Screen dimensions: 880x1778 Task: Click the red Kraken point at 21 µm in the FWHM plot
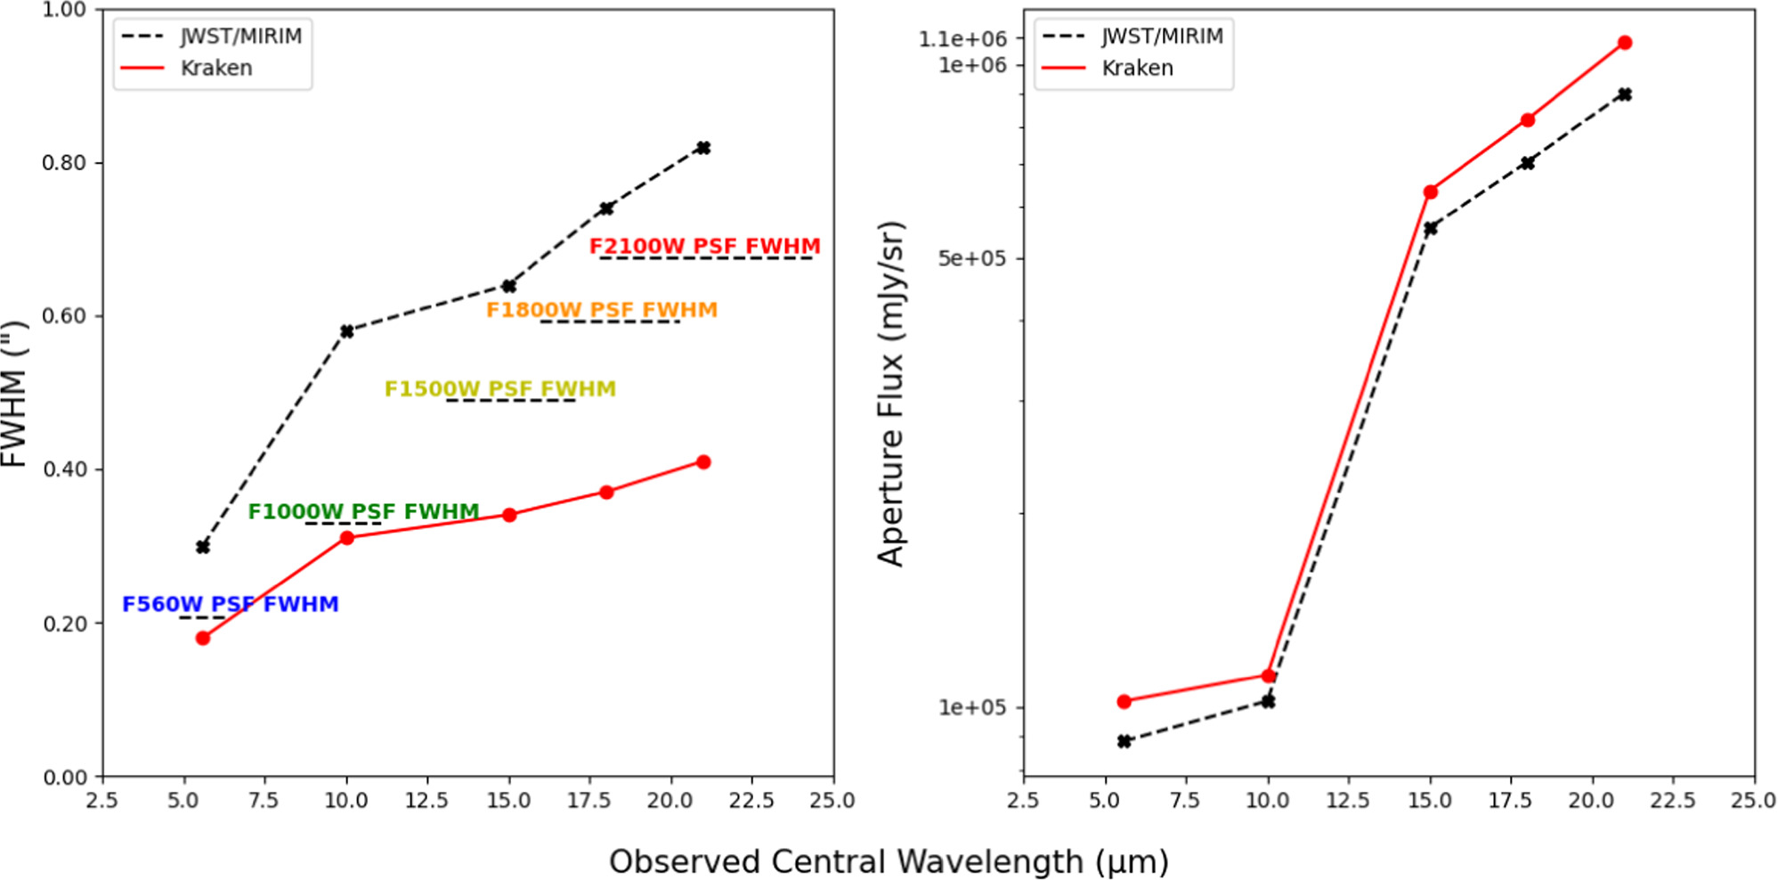point(703,461)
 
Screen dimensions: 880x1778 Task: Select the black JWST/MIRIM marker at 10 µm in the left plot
point(347,331)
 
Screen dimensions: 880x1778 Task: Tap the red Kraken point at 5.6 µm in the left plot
point(203,638)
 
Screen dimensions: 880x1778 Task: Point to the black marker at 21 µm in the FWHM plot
point(703,148)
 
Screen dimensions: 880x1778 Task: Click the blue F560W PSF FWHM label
point(230,604)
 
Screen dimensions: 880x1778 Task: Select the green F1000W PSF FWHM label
point(363,511)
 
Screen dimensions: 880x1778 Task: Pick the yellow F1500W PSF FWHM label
point(499,389)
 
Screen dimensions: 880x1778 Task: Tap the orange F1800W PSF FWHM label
point(601,310)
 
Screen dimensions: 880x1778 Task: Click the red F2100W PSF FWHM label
point(704,246)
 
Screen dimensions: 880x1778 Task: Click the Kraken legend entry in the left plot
point(215,68)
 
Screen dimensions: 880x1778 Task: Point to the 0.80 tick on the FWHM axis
point(64,163)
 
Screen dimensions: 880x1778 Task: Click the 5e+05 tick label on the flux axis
point(971,258)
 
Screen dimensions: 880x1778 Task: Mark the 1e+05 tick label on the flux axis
point(971,707)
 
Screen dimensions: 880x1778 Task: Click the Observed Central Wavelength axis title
point(889,861)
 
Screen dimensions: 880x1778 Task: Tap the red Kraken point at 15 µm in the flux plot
point(1430,192)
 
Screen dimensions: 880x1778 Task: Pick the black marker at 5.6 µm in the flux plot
point(1124,741)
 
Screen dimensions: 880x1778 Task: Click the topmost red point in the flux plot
point(1625,43)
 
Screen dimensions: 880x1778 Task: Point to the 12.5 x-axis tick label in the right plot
point(1347,801)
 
